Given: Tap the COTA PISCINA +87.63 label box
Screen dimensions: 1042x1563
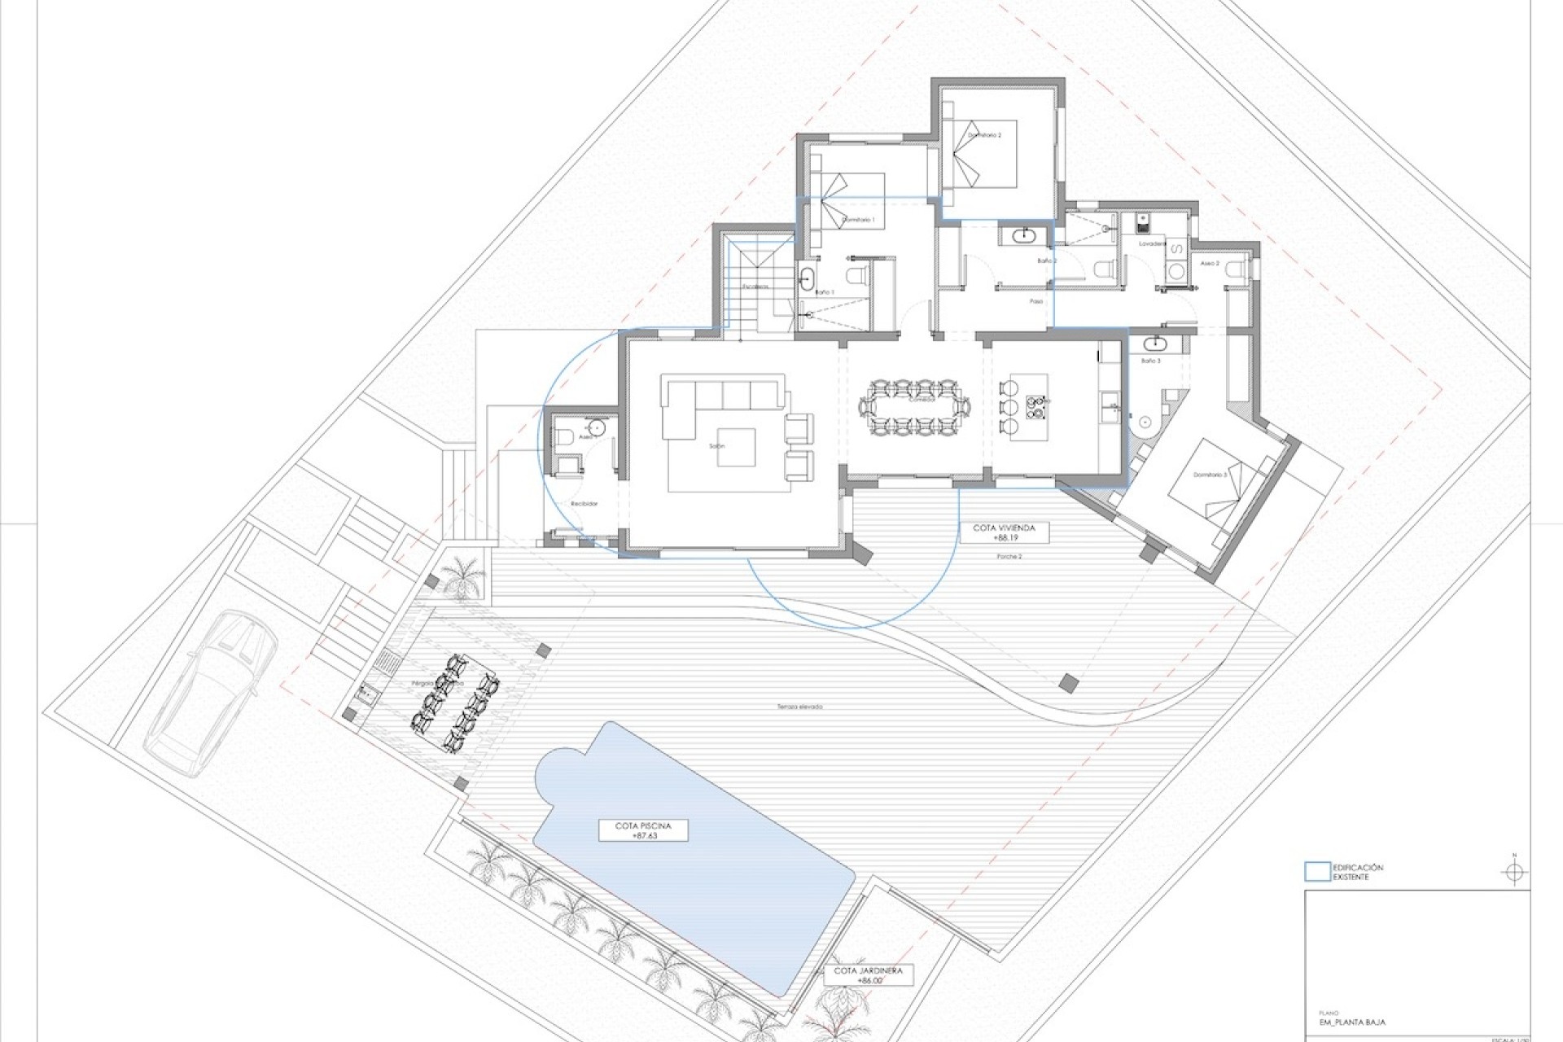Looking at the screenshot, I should (x=643, y=830).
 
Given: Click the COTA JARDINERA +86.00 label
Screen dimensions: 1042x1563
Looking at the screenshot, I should (x=869, y=976).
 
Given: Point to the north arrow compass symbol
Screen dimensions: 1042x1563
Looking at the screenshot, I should (x=1514, y=873).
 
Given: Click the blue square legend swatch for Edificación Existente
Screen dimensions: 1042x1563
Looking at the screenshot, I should (x=1316, y=872).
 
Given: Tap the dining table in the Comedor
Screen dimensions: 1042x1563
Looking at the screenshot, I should (x=915, y=405).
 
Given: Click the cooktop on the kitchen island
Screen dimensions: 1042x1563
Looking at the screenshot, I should (x=1036, y=406).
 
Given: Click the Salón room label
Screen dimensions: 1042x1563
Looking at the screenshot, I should (x=716, y=446).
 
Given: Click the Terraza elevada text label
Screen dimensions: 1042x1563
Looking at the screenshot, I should (x=799, y=707).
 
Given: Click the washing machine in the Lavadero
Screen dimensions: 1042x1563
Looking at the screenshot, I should (x=1176, y=272).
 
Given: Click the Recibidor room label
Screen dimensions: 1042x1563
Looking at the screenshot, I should (x=584, y=504).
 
